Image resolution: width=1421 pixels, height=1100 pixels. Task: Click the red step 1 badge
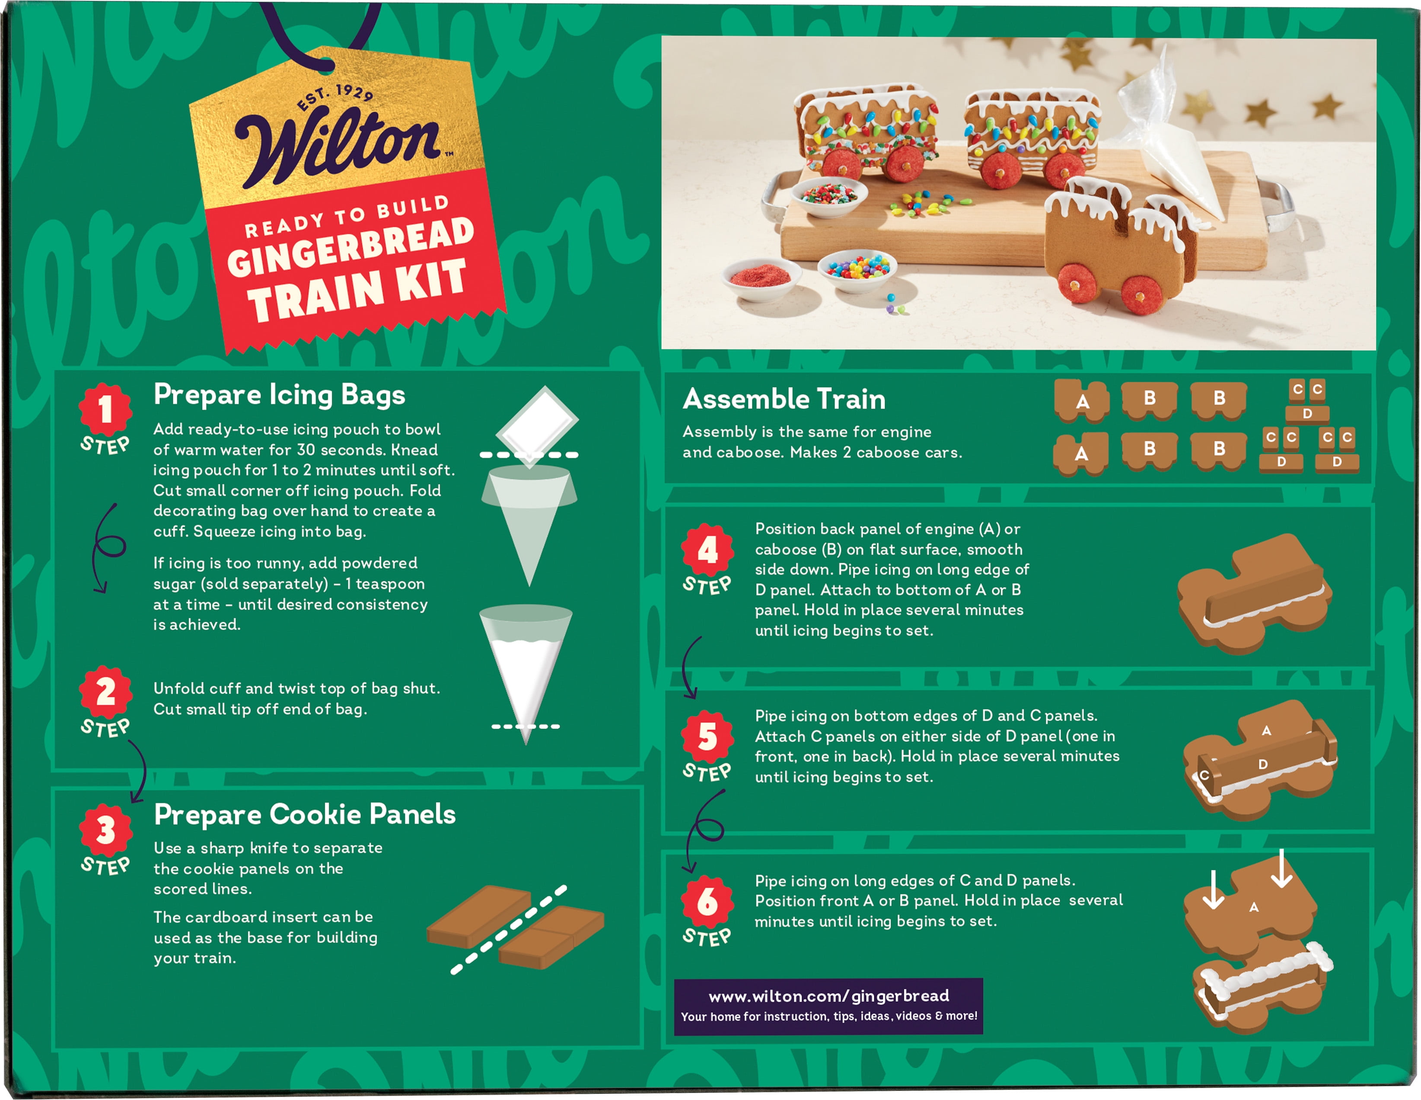click(x=105, y=410)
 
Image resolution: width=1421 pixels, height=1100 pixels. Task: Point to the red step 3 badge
click(x=105, y=831)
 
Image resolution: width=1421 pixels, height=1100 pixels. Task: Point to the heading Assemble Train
click(x=784, y=399)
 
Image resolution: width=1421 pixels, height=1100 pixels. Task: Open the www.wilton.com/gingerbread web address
click(x=828, y=996)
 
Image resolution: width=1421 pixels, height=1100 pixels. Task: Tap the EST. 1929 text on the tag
click(x=335, y=97)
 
